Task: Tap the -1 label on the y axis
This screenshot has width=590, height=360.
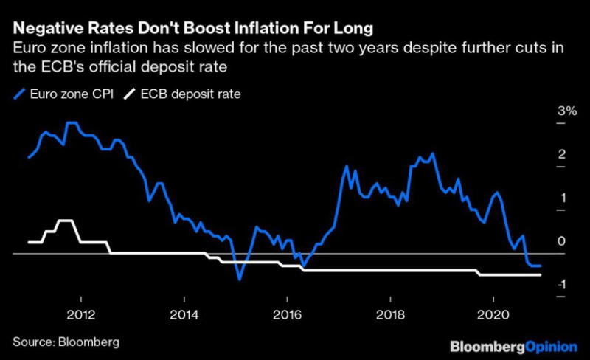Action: pyautogui.click(x=561, y=284)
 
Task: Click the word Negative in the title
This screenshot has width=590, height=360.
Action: pyautogui.click(x=48, y=30)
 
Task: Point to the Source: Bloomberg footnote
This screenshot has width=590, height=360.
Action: pyautogui.click(x=66, y=343)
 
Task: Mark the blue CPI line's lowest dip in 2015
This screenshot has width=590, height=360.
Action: pyautogui.click(x=239, y=279)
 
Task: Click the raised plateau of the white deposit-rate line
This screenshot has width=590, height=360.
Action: pyautogui.click(x=66, y=221)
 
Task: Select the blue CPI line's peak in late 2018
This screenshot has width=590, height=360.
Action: pyautogui.click(x=431, y=153)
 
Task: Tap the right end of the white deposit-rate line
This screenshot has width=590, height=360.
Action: pyautogui.click(x=541, y=275)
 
